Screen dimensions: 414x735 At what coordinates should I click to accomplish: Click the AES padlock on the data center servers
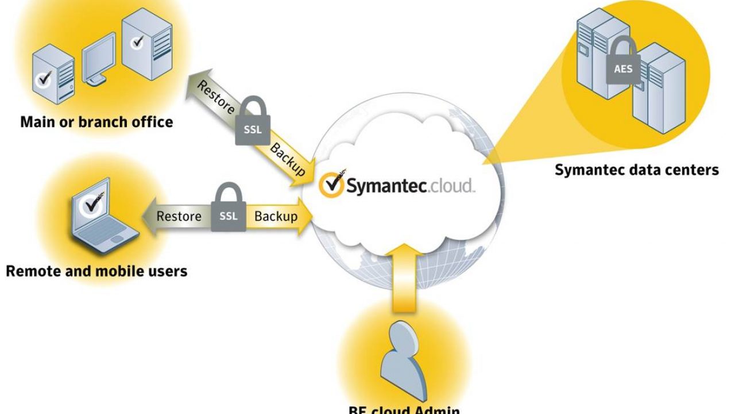point(623,64)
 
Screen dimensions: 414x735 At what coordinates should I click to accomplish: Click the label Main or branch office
point(96,122)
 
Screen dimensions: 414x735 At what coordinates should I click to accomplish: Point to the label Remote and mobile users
point(96,270)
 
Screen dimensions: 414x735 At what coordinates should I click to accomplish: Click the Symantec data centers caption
point(636,170)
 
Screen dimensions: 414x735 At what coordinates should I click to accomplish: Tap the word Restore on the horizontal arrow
point(179,216)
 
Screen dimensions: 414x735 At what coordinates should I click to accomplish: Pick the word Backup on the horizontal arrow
point(276,216)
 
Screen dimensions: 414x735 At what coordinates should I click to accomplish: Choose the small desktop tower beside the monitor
point(53,75)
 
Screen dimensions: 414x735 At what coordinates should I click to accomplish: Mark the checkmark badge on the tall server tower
point(137,42)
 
